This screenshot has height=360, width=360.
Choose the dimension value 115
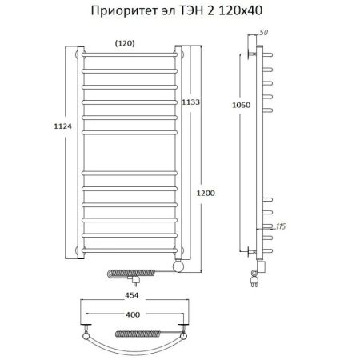279,227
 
